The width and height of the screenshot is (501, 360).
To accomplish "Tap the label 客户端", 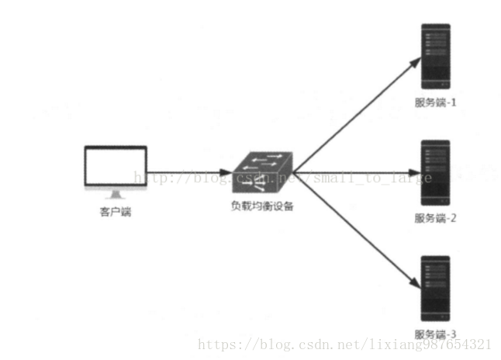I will [x=116, y=211].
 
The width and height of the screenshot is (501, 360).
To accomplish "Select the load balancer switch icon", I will [x=261, y=172].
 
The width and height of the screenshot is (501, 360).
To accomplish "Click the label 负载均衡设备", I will [x=262, y=207].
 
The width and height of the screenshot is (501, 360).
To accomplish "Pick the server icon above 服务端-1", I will [x=435, y=57].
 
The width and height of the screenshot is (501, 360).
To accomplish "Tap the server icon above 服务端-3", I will [x=435, y=288].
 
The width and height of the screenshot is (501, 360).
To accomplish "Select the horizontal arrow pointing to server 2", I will [x=357, y=172].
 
